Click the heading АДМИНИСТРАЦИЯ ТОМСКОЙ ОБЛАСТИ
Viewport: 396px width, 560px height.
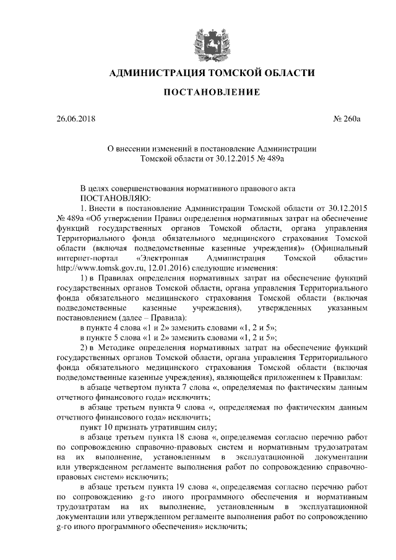coord(212,74)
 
